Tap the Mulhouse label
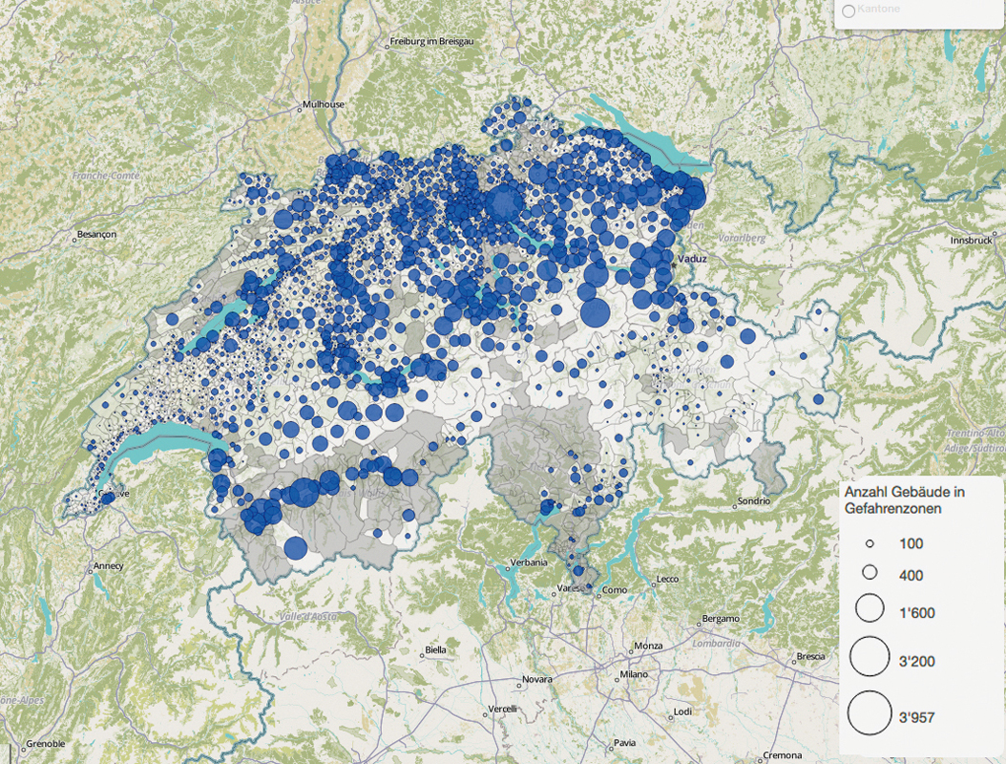(323, 104)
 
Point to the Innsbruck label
(972, 241)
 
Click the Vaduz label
(691, 259)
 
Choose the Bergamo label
(722, 619)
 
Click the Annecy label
(108, 565)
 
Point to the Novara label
(537, 681)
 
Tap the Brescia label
(810, 656)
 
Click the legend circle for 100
(870, 543)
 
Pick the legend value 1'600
(917, 613)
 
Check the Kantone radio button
(847, 11)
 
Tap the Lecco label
(668, 580)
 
